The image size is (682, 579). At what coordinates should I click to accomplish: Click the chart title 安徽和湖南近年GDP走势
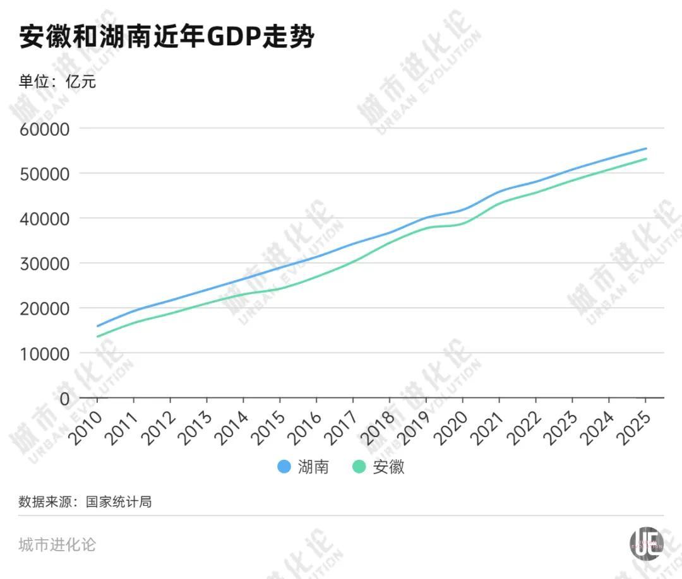pos(167,37)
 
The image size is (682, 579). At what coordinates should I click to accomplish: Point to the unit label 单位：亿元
pos(57,81)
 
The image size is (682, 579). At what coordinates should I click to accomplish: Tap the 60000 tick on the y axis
pos(45,129)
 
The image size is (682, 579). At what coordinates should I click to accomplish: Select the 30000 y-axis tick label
pos(45,264)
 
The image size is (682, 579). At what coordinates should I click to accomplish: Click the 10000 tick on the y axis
pos(45,354)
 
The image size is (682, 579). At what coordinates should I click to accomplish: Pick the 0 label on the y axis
pos(64,399)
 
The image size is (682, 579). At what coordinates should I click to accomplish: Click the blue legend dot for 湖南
pos(284,467)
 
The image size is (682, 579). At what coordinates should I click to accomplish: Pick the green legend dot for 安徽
pos(359,467)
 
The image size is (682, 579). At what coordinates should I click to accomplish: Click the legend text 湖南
pos(313,467)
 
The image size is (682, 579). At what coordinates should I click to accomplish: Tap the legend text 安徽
pos(388,467)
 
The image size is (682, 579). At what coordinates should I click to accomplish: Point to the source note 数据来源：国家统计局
pos(85,503)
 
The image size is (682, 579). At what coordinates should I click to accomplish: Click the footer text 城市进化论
pos(57,544)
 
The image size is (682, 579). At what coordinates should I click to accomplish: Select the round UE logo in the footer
pos(646,542)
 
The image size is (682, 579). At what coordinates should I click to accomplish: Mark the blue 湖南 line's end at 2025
pos(646,149)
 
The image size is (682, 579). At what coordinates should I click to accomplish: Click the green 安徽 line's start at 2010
pos(98,336)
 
